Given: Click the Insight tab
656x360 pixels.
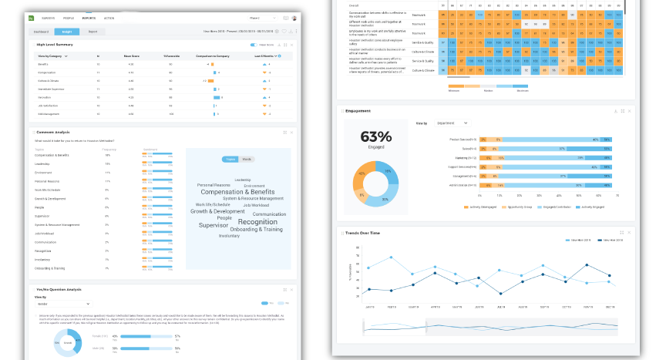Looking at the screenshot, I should (x=66, y=32).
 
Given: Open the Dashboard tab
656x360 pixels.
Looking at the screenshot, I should (x=41, y=32).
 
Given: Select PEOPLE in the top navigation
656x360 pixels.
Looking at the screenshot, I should (x=69, y=17).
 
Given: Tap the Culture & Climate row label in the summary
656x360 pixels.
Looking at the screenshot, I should (x=49, y=80).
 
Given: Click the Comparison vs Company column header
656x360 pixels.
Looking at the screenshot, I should (x=213, y=56).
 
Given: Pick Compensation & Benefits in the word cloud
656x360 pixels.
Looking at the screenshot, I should (x=237, y=192).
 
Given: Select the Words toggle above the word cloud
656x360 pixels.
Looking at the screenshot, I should (x=247, y=159).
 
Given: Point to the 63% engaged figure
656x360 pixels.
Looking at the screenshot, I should (x=376, y=136).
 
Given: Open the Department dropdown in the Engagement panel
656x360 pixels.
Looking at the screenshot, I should (x=452, y=123).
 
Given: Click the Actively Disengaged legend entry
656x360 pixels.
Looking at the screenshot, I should (x=482, y=207).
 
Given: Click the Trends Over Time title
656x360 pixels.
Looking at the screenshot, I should (x=363, y=232).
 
